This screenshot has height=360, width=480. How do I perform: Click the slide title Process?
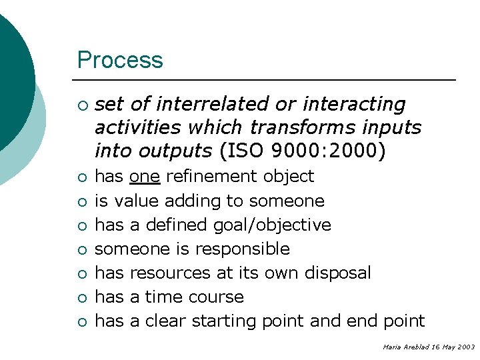pos(120,60)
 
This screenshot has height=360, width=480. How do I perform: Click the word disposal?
pos(338,273)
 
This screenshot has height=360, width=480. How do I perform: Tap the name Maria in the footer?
pos(391,347)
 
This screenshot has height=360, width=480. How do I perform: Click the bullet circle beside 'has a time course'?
pos(81,297)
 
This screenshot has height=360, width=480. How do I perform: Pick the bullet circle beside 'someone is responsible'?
pos(81,249)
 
